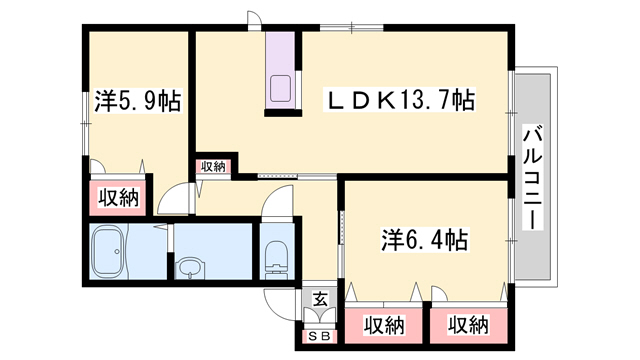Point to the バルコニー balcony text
point(533,177)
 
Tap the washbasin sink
point(190,268)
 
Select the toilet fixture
point(274,258)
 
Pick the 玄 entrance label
point(318,298)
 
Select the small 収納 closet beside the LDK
point(212,167)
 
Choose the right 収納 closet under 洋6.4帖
point(467,325)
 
